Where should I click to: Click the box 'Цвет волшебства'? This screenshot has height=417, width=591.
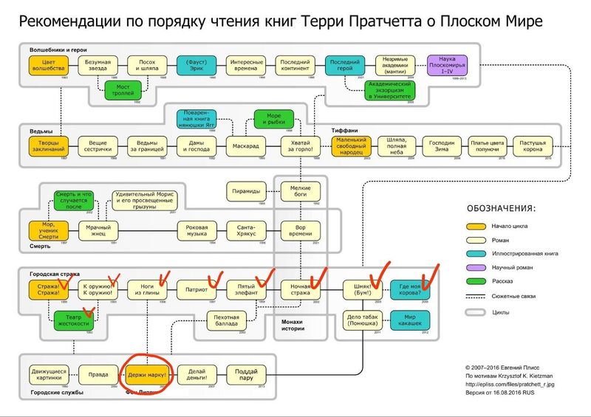(x=49, y=65)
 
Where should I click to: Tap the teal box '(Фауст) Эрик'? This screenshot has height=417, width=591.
(x=197, y=65)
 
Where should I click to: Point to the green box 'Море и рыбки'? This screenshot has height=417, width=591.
(x=273, y=119)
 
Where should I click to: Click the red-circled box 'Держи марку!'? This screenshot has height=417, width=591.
(x=148, y=373)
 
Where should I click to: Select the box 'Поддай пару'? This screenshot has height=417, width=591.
(x=246, y=373)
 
